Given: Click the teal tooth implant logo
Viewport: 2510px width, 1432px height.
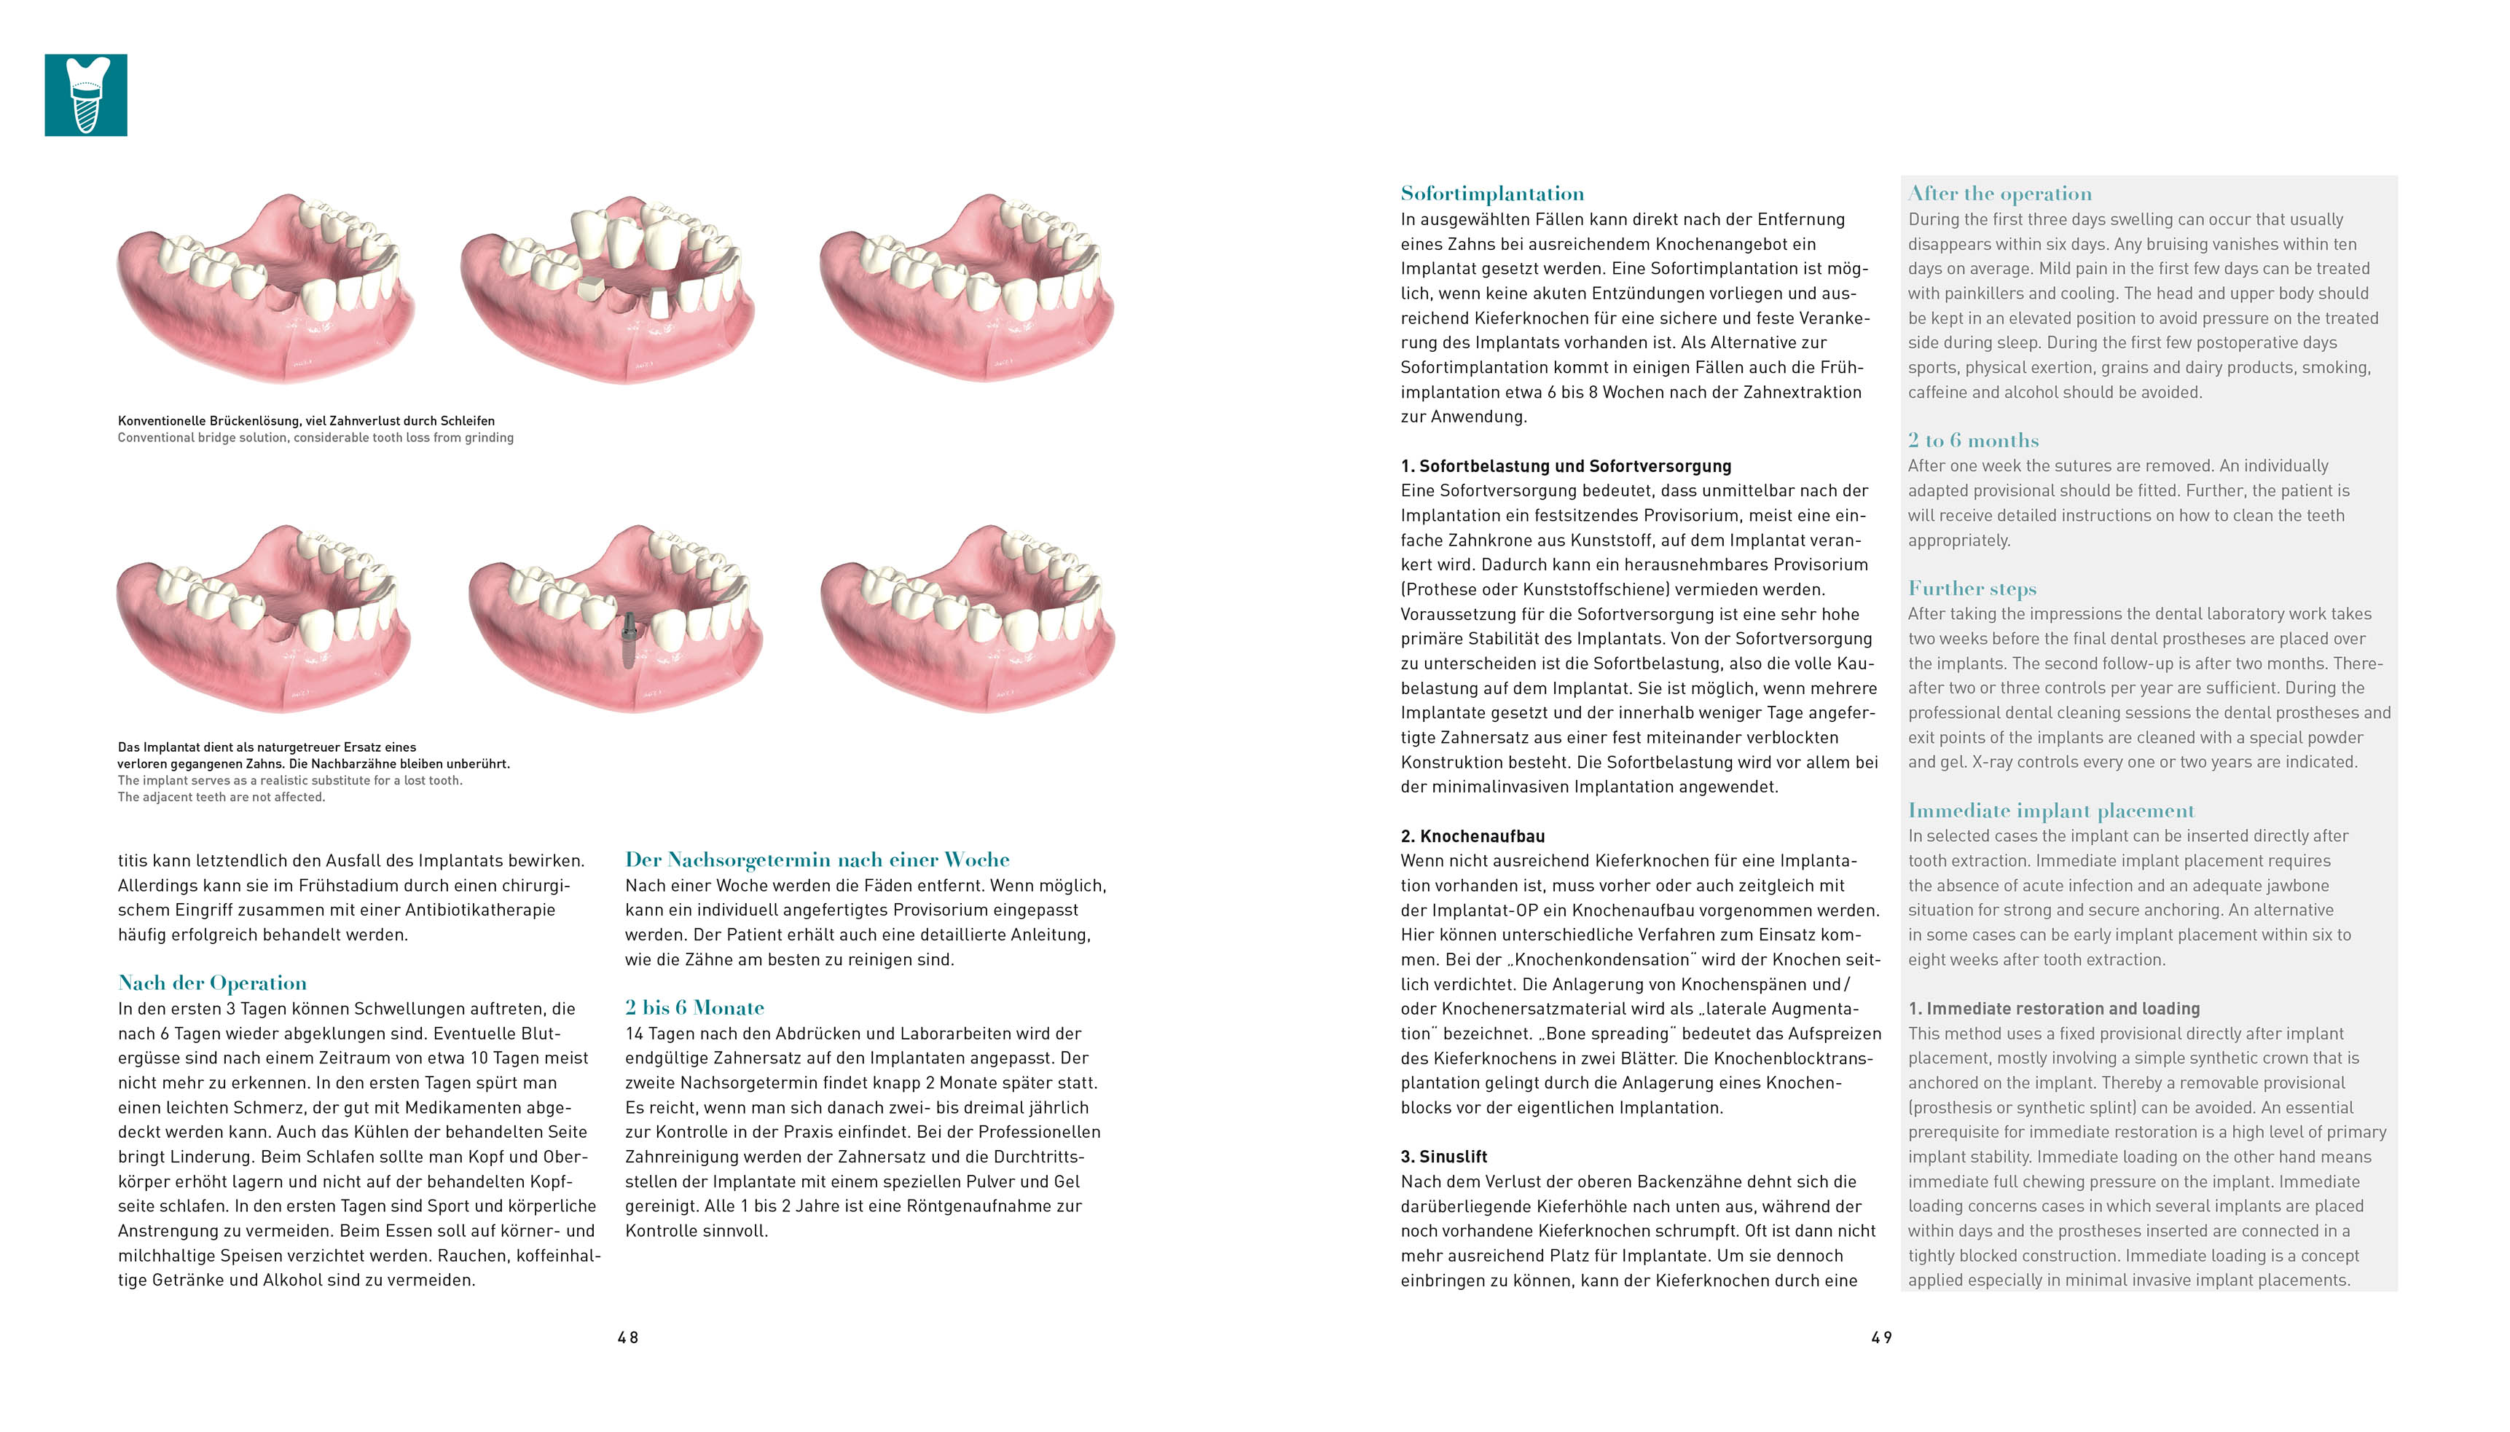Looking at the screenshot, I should (x=85, y=95).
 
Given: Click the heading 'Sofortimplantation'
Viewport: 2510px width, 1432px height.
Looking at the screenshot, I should (x=1492, y=194).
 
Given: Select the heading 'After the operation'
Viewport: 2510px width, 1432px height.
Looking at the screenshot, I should (x=1999, y=194).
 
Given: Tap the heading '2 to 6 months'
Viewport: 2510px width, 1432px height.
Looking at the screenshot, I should (x=1973, y=441).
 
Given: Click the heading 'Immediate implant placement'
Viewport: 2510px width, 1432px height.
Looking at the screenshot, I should (x=2051, y=811).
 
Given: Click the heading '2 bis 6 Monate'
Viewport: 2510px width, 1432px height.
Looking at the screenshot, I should (x=694, y=1007).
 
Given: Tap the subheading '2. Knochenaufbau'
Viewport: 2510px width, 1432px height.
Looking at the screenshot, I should (x=1472, y=836).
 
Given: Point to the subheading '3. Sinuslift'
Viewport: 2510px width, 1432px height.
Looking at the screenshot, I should (x=1444, y=1157).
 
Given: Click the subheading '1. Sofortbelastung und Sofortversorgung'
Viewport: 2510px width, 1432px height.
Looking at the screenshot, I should (x=1566, y=466).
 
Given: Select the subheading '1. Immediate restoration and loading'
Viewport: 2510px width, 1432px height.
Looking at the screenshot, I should (x=2054, y=1008).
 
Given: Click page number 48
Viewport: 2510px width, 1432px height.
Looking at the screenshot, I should (x=627, y=1337).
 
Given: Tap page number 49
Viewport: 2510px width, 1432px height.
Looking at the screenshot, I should (x=1881, y=1337).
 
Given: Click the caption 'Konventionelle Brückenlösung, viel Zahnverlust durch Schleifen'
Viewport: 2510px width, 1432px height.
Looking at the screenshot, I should (x=306, y=421).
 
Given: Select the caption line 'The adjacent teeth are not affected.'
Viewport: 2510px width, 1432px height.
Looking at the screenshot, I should (x=221, y=798).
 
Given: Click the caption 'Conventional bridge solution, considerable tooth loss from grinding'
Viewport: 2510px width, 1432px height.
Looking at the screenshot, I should (x=315, y=438).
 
